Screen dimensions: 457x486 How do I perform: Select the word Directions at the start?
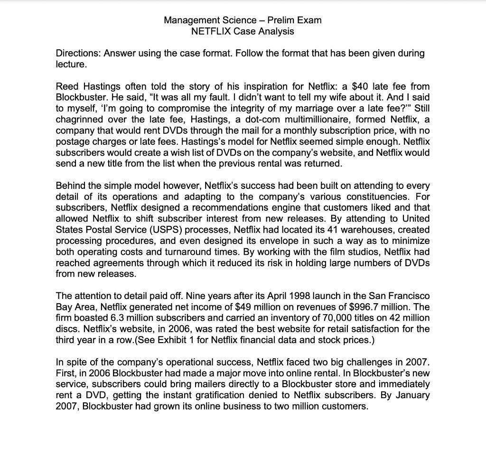(x=77, y=53)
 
